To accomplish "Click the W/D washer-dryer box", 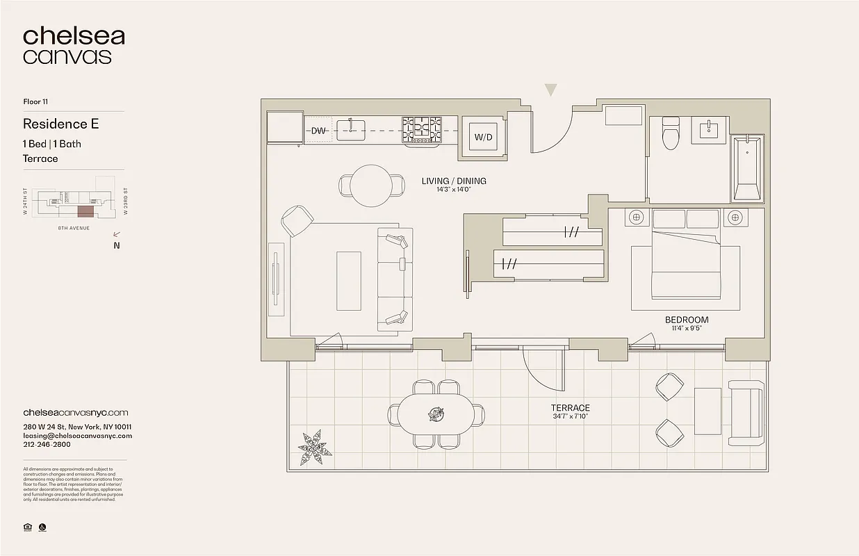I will (483, 136).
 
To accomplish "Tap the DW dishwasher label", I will (319, 131).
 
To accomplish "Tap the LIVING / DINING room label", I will (454, 181).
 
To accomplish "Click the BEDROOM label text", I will (687, 320).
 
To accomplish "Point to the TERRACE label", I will (571, 408).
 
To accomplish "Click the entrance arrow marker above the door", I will (551, 90).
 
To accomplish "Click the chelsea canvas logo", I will (74, 46).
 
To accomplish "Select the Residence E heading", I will (61, 124).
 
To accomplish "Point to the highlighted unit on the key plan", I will (84, 211).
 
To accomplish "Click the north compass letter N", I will (117, 245).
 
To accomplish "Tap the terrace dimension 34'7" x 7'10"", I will (571, 417).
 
